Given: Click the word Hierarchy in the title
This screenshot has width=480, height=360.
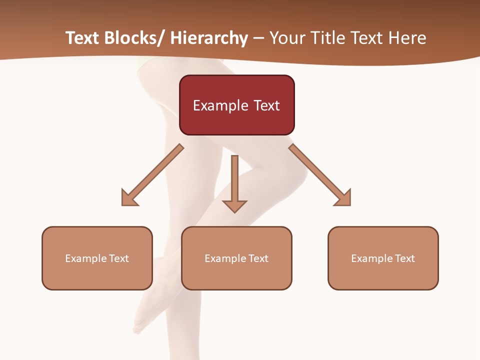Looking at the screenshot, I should click(x=209, y=38).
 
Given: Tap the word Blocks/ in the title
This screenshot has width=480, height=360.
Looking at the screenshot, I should click(x=132, y=38).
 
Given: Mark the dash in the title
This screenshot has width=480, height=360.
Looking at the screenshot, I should click(x=258, y=38).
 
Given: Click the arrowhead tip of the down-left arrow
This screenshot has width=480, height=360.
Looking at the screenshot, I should click(x=123, y=204).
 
